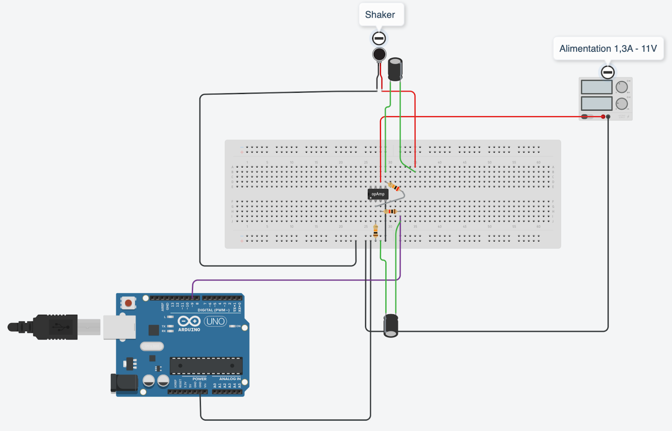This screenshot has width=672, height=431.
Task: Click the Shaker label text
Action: pyautogui.click(x=380, y=15)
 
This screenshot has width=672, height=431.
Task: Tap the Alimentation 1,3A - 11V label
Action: pyautogui.click(x=608, y=49)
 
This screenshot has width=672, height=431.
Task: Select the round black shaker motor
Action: pyautogui.click(x=379, y=54)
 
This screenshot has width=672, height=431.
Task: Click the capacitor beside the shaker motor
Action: pyautogui.click(x=395, y=69)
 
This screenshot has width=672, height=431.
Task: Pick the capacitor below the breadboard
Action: pyautogui.click(x=391, y=326)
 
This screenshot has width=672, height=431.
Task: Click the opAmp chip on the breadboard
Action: pyautogui.click(x=378, y=194)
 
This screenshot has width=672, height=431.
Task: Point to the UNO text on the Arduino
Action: pyautogui.click(x=215, y=321)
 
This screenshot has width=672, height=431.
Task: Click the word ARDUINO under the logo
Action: pyautogui.click(x=189, y=330)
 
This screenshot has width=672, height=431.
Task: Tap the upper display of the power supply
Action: pyautogui.click(x=596, y=87)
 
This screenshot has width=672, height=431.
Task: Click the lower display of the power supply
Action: pyautogui.click(x=596, y=103)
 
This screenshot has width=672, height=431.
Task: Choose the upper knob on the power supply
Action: pyautogui.click(x=622, y=87)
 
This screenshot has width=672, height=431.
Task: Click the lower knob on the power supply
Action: pyautogui.click(x=622, y=104)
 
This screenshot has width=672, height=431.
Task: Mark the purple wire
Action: pyautogui.click(x=294, y=280)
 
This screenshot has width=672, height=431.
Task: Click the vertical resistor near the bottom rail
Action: pyautogui.click(x=375, y=231)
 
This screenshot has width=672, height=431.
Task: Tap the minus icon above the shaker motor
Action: pyautogui.click(x=379, y=39)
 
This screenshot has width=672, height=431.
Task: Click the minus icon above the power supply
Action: pyautogui.click(x=608, y=72)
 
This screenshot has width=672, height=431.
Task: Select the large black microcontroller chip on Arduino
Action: pyautogui.click(x=206, y=366)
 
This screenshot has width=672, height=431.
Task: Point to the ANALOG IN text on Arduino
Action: pyautogui.click(x=230, y=379)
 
